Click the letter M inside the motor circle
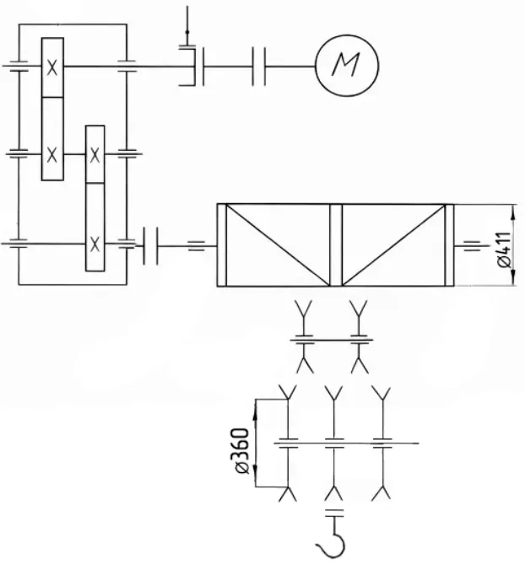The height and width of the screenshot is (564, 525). (346, 65)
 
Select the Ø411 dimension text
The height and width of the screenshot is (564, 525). (504, 250)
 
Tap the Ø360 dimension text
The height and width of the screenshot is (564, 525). (241, 451)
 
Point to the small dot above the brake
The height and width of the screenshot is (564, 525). (187, 32)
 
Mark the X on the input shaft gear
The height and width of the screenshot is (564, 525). (52, 67)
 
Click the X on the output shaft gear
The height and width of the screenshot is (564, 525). (95, 244)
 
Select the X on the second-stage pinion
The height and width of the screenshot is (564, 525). (95, 155)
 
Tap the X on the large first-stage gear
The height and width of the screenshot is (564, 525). (52, 155)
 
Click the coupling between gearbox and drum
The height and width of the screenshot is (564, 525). (150, 246)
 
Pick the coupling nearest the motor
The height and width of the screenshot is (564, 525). (259, 67)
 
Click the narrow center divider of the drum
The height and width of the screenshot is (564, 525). (336, 245)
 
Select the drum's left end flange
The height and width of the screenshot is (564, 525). (222, 245)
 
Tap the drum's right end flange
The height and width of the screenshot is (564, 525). (450, 245)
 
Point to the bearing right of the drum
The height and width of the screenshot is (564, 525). (471, 246)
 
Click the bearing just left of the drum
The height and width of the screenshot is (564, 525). (197, 246)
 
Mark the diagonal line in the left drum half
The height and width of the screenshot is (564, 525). (278, 245)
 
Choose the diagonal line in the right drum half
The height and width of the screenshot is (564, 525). (393, 245)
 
